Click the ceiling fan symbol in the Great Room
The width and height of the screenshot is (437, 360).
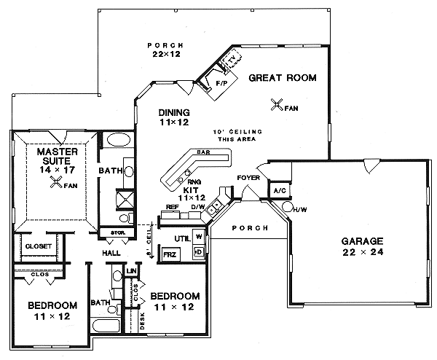pyautogui.click(x=277, y=105)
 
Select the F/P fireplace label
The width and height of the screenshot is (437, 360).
pyautogui.click(x=221, y=85)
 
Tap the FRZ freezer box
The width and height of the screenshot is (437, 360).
pyautogui.click(x=170, y=255)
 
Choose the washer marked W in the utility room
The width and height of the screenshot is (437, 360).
pyautogui.click(x=198, y=237)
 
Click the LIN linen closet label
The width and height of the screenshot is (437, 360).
pyautogui.click(x=132, y=271)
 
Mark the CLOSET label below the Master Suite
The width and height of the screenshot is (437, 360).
pyautogui.click(x=39, y=246)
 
